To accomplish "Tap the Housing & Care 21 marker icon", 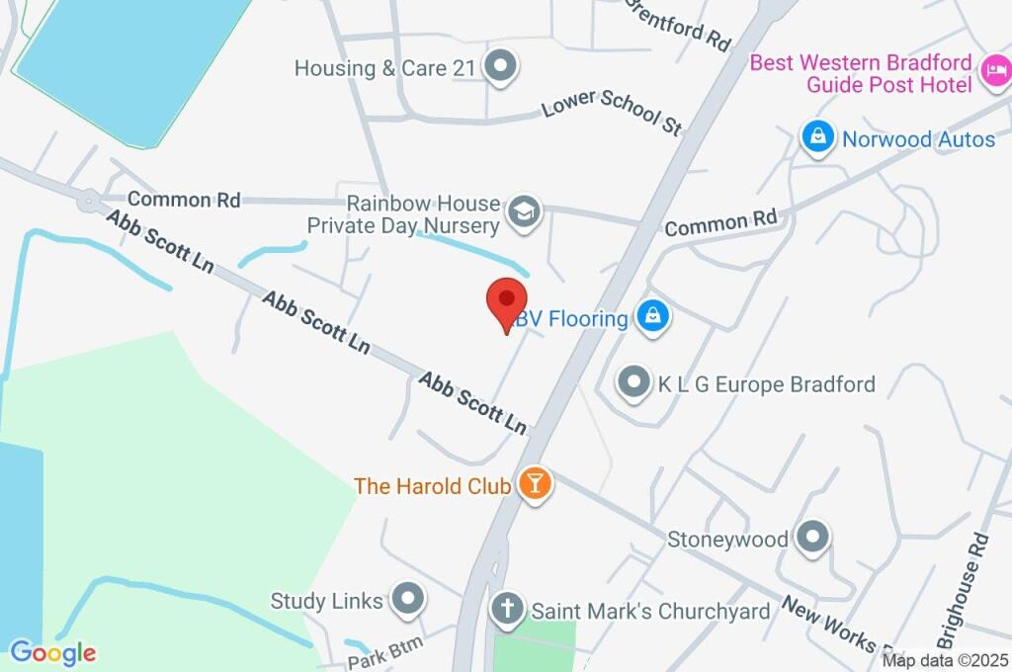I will coord(501,68).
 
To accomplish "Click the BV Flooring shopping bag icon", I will coord(652,317).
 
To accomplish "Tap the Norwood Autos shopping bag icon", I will coord(817,139).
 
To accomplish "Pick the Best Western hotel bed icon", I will coord(994,71).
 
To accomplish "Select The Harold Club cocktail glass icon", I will coord(535,484).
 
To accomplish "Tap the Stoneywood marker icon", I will coord(813,538).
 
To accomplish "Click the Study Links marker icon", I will coord(407,598).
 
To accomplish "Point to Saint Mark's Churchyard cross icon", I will coord(508,610).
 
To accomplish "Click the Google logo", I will coord(53,652).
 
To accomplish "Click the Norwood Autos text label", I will coord(918,139).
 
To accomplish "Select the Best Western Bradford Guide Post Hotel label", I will coord(861,73).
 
